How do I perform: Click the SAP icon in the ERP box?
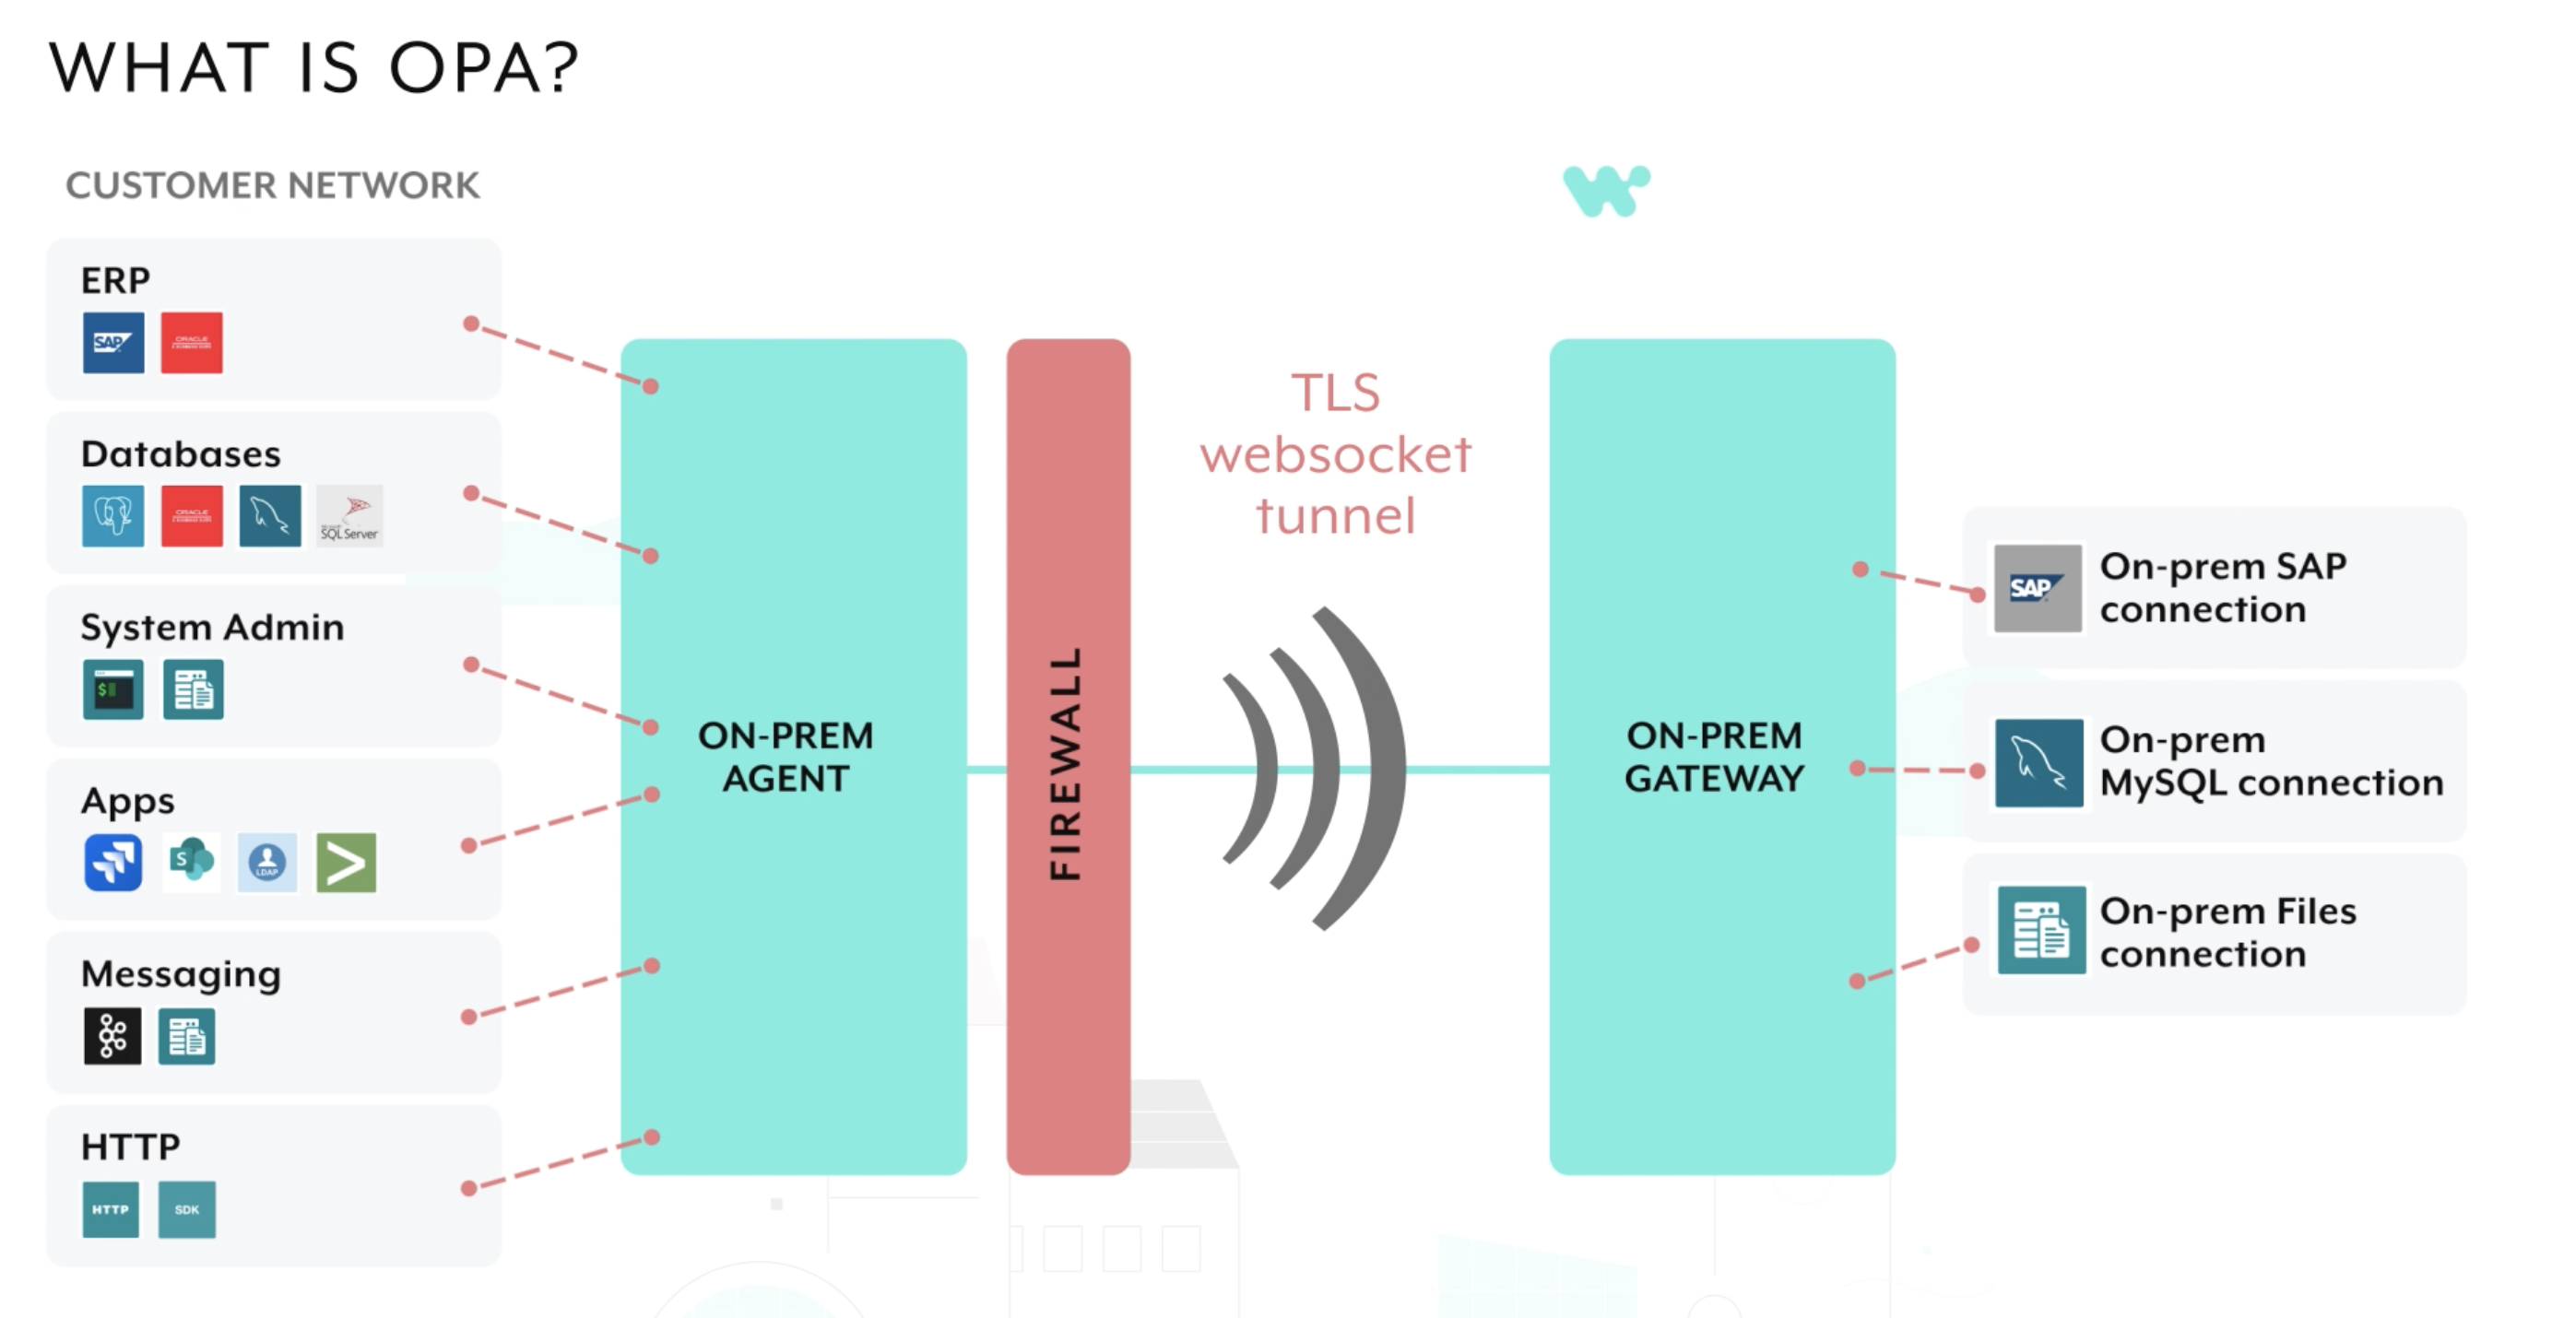point(112,343)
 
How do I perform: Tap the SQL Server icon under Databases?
point(349,516)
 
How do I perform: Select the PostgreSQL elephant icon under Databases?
point(112,516)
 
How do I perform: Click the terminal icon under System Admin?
point(112,689)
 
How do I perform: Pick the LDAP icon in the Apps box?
point(267,863)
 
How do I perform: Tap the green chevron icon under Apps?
point(346,863)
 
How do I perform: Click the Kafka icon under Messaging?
point(112,1037)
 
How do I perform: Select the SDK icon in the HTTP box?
point(187,1209)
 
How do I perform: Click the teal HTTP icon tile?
point(111,1209)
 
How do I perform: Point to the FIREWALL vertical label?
point(1066,762)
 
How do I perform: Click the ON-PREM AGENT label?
point(786,758)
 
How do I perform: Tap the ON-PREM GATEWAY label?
point(1715,758)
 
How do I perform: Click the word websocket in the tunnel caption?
point(1335,455)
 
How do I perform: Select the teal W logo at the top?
point(1606,190)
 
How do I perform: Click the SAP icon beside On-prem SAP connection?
point(2037,588)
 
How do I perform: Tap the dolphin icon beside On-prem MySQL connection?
point(2038,763)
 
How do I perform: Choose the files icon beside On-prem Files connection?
point(2041,931)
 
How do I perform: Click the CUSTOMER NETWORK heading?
point(272,185)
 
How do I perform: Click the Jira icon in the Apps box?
point(112,863)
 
